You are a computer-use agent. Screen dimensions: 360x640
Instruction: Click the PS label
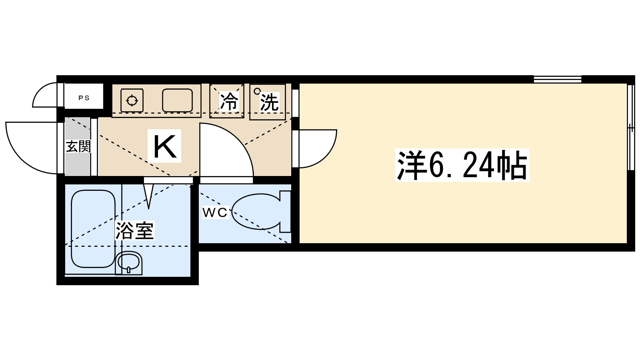click(x=84, y=98)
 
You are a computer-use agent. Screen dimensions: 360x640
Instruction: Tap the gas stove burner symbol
click(x=132, y=100)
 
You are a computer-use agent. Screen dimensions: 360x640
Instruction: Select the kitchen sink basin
click(x=177, y=100)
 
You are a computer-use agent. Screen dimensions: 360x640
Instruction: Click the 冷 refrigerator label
click(x=229, y=102)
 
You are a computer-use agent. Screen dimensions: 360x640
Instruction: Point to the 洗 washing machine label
click(x=269, y=102)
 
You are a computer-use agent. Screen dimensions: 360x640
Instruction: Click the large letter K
click(x=165, y=146)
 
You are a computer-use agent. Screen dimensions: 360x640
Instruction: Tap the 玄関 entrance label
click(x=78, y=146)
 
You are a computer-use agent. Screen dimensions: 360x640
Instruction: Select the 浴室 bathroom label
click(x=135, y=230)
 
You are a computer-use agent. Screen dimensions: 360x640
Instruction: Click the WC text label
click(x=215, y=212)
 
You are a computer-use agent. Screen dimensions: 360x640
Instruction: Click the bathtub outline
click(x=93, y=228)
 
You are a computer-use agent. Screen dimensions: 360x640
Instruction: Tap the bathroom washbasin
click(x=129, y=262)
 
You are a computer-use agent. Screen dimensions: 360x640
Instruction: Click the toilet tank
click(x=285, y=212)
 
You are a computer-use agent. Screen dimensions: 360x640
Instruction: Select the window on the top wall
click(x=557, y=79)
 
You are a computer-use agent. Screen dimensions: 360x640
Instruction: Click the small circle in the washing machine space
click(x=257, y=91)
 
